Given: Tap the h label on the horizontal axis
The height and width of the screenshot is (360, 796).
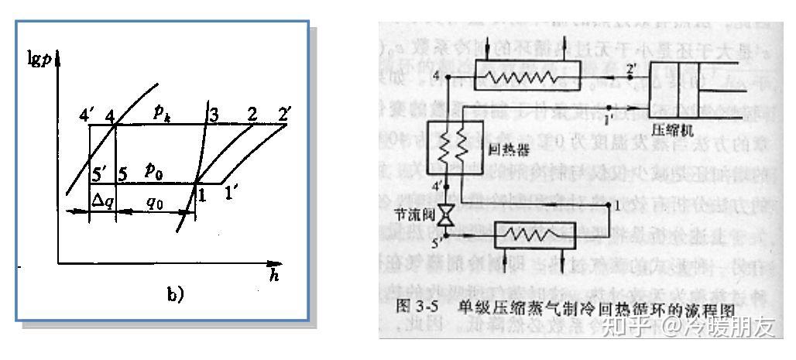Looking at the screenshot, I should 273,276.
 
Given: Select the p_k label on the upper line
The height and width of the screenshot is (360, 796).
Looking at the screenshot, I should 162,113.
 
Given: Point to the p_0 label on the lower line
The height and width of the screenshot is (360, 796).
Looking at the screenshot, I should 155,170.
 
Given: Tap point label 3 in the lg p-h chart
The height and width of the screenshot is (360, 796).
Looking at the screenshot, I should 211,114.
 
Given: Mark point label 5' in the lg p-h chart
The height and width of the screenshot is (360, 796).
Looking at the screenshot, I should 98,172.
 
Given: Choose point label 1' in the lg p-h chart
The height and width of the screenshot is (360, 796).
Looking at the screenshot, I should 232,194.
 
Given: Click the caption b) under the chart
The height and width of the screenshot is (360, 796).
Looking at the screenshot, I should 176,293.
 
